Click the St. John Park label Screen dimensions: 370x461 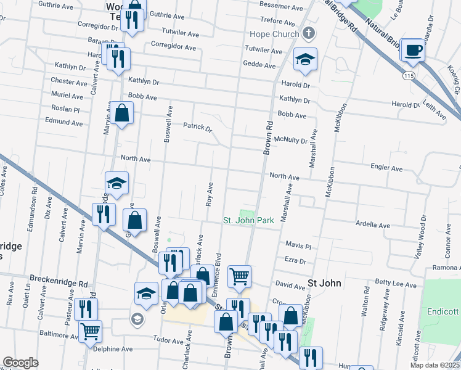(248, 220)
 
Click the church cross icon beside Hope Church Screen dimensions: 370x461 (309, 33)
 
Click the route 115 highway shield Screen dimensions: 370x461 (408, 75)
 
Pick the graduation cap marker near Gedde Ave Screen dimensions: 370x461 (305, 59)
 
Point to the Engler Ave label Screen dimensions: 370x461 (386, 168)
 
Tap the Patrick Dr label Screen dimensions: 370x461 (197, 128)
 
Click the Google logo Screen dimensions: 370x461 (20, 363)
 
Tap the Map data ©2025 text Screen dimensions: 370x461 (434, 365)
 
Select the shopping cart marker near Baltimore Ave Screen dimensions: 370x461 (90, 331)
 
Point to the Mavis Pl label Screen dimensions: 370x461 (298, 245)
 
